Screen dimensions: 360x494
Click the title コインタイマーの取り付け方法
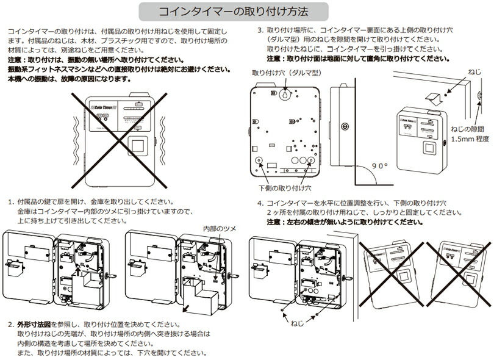tap(233, 11)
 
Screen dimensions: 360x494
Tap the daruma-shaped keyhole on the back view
tap(285, 96)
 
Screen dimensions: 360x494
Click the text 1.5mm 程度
tap(470, 139)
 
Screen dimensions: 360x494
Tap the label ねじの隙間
tap(468, 129)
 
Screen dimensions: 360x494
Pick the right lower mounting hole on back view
tap(310, 162)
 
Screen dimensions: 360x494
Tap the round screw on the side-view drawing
tap(345, 127)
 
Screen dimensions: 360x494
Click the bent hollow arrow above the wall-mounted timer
tap(435, 96)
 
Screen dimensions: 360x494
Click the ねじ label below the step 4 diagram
tap(297, 322)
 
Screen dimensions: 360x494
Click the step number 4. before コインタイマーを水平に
tap(260, 203)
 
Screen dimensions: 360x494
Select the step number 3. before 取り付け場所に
tap(260, 29)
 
